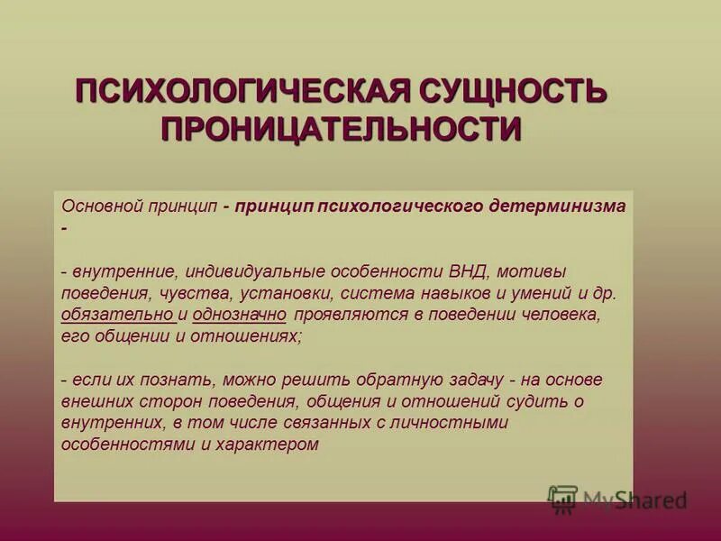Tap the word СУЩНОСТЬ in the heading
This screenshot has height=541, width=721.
(x=509, y=92)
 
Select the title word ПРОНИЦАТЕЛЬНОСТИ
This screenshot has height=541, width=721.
(x=342, y=129)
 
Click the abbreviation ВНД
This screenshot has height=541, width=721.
(x=470, y=270)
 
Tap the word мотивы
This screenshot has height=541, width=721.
(x=536, y=270)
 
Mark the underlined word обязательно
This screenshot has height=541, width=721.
(x=117, y=315)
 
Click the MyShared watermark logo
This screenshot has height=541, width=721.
(x=619, y=500)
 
